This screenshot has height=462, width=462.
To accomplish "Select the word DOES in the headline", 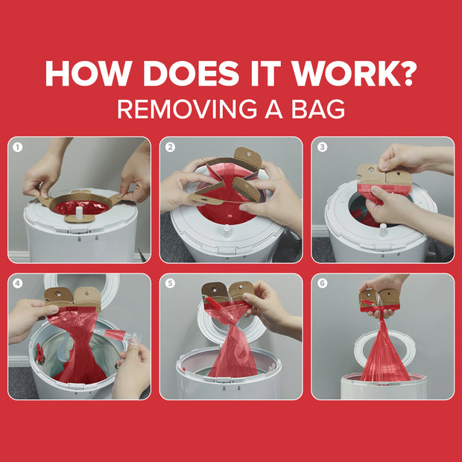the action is point(191,73).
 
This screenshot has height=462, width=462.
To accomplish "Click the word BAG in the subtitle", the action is point(318,109).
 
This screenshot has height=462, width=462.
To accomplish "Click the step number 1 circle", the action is point(18,147).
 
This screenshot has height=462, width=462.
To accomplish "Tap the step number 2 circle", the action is point(170,147).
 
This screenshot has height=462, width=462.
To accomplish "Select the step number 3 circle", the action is point(322,147).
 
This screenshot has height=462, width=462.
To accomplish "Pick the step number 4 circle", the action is point(18,283).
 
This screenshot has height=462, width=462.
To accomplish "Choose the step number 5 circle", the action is point(170,283).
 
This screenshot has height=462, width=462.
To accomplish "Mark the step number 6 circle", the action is point(322,283).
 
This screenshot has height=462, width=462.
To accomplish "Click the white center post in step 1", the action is point(80,212).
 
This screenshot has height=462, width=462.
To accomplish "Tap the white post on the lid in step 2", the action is point(227,231).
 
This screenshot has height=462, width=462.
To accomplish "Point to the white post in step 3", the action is point(383,230).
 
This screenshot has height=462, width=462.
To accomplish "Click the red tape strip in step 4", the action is point(115,335).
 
